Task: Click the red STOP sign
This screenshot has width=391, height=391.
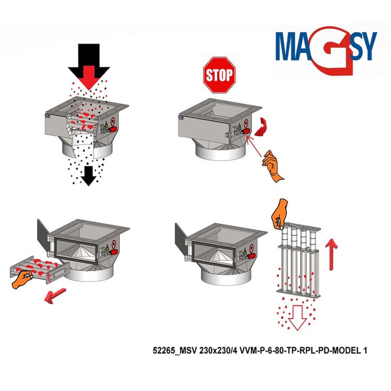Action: point(219,75)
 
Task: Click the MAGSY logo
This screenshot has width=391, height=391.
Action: point(326,50)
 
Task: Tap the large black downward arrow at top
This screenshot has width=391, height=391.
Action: point(89,65)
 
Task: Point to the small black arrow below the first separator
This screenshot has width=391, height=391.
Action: point(88,176)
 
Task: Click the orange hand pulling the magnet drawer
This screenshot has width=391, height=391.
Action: point(22,279)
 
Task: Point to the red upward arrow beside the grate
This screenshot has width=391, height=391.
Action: point(331,254)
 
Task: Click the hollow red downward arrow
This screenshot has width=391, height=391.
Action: point(297,317)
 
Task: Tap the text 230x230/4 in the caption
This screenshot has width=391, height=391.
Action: point(218,351)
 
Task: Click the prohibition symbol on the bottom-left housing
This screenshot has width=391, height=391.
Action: point(114,244)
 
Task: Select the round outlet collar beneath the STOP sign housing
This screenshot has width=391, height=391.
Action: point(220,152)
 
